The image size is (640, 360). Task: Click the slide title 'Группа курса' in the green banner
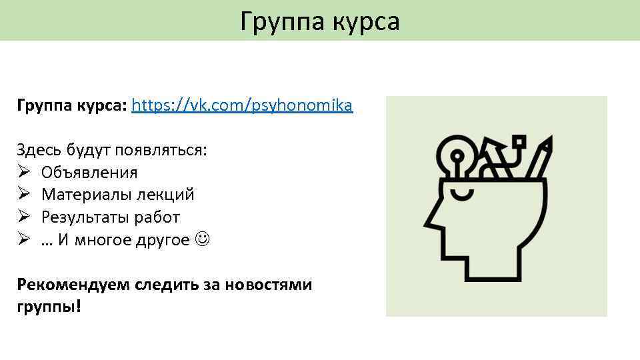320,21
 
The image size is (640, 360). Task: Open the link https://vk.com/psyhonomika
243,105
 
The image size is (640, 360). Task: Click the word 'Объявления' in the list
89,173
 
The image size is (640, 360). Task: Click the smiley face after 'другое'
202,240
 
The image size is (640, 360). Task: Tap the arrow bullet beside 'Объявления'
23,173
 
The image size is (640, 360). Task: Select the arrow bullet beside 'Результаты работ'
23,217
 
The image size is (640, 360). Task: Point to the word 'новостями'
269,285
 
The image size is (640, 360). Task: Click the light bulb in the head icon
457,153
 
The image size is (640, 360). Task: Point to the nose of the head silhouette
431,220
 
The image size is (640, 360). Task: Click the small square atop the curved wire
519,141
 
